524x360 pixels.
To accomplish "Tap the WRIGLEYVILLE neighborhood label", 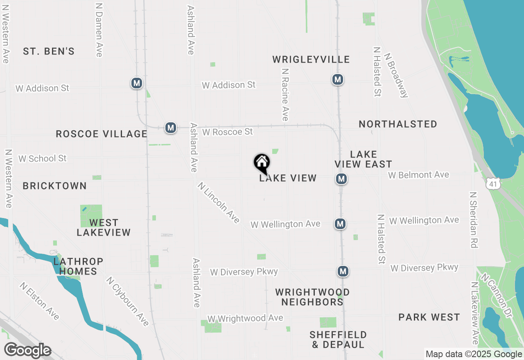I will [x=311, y=60].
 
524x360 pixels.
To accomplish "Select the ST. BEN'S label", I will [x=49, y=51].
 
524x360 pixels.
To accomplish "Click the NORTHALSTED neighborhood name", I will [x=398, y=124].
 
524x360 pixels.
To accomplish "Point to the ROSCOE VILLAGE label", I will [x=102, y=134].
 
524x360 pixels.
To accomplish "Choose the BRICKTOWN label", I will [x=55, y=186].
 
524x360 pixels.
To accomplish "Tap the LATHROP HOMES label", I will [x=78, y=266].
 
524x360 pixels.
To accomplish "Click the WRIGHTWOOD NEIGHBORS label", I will [x=312, y=297].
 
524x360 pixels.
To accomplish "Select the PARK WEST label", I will [x=429, y=317].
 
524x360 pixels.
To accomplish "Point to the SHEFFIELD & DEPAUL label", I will [x=338, y=340].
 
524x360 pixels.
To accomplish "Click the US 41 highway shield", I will [x=493, y=184].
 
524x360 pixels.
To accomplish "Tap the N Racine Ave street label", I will [x=285, y=94].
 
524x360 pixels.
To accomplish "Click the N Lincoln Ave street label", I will [x=219, y=203].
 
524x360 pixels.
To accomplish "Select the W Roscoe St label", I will [x=228, y=132].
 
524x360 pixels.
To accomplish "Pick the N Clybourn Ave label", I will [x=127, y=301].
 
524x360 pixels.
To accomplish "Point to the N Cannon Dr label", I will [x=497, y=296].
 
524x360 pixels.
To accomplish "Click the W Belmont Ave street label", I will [x=419, y=175].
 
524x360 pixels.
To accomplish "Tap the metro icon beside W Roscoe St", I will [x=171, y=128].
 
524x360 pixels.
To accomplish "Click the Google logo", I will [x=28, y=351].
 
